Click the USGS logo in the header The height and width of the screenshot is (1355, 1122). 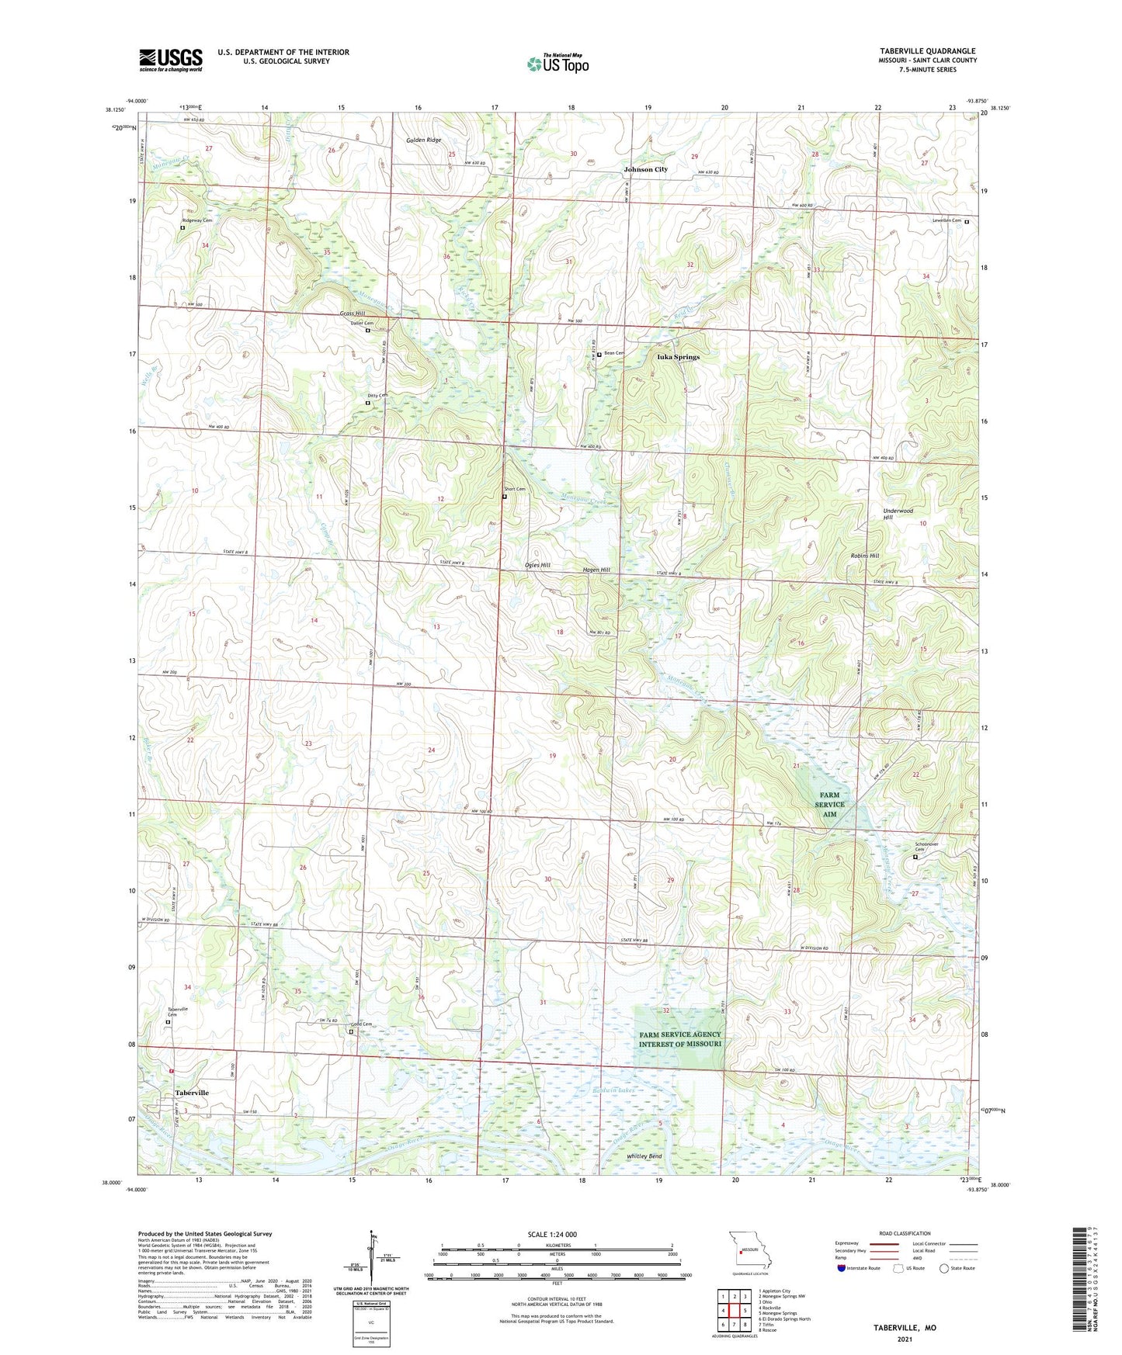pos(171,60)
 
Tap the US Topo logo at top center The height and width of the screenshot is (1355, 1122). pos(558,64)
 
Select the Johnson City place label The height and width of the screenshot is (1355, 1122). pos(645,169)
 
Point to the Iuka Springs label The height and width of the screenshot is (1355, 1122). pos(678,357)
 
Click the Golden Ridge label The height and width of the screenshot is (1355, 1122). pos(423,140)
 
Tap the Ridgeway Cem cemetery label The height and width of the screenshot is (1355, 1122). pos(196,220)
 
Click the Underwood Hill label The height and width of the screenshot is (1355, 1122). pos(898,514)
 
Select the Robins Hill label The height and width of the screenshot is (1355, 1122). pos(863,556)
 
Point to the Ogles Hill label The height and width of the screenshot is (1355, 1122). pos(537,565)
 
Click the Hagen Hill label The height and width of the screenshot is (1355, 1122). pos(596,570)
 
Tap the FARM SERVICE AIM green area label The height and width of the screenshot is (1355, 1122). pos(829,804)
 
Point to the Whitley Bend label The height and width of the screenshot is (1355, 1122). pos(644,1156)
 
